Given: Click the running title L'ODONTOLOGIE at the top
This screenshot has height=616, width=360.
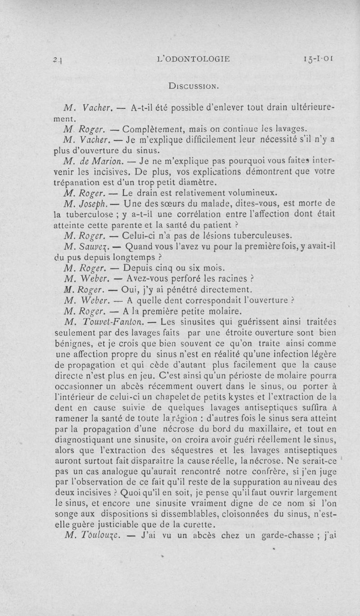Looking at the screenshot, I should coord(198,58).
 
